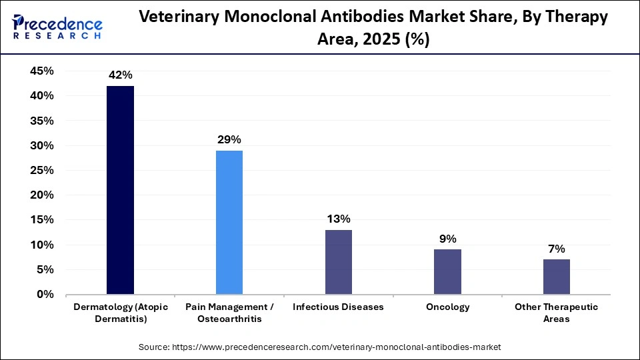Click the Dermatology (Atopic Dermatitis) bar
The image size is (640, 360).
[120, 190]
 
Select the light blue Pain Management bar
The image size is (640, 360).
[229, 222]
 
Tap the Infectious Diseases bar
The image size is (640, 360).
[338, 262]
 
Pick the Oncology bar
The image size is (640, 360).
[447, 271]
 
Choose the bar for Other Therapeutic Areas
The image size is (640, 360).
[556, 277]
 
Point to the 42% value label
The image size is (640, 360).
[120, 75]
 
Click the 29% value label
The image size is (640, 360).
[229, 139]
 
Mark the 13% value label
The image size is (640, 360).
[338, 219]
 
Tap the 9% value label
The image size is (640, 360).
[447, 239]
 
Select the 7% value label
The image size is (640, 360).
[556, 249]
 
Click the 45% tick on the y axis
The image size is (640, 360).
[42, 71]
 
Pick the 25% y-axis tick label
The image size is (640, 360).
[42, 170]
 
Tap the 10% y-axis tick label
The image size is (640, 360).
[42, 245]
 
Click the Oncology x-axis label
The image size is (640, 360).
[447, 307]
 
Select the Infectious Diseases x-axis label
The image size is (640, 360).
[338, 307]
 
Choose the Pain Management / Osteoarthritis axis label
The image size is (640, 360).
[229, 313]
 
